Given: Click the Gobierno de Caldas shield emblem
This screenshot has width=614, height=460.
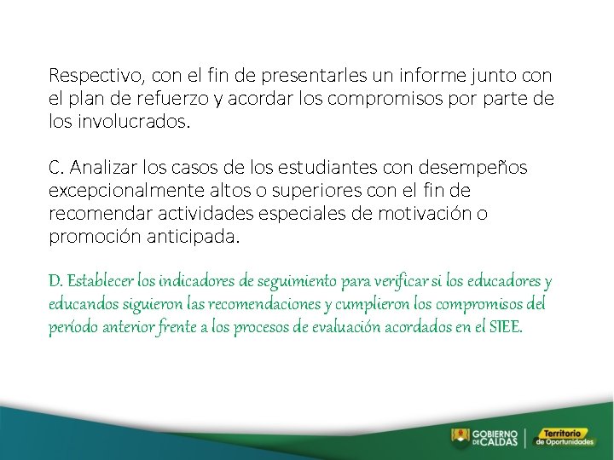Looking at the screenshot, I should (460, 438).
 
